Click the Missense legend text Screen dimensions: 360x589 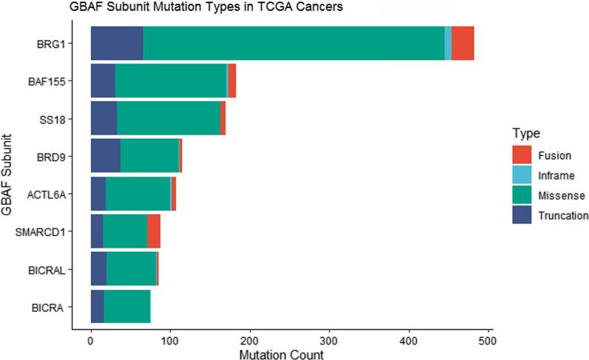point(562,196)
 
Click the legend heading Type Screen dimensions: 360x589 point(525,135)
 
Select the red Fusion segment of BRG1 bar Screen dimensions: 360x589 point(463,44)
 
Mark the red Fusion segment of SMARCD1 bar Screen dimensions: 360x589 point(154,231)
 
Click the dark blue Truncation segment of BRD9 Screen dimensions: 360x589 point(105,156)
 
